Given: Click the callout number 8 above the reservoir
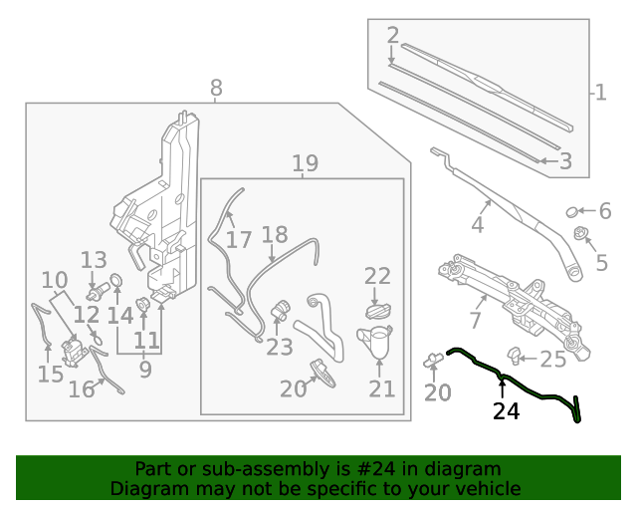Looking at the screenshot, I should click(216, 89).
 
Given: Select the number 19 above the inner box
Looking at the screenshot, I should click(305, 163).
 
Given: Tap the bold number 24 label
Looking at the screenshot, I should click(506, 410).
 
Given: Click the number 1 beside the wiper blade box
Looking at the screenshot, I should click(600, 93).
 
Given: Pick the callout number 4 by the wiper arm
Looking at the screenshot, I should click(478, 225).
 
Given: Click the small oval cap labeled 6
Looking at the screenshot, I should click(572, 211).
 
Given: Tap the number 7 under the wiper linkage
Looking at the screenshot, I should click(475, 321).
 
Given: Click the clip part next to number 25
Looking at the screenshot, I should click(515, 354).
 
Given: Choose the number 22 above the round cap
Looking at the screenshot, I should click(377, 276).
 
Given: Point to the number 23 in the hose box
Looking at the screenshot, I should click(280, 347).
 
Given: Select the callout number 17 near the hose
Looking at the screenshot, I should click(239, 240).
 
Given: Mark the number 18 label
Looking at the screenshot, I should click(274, 235).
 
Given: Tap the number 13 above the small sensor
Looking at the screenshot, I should click(94, 261).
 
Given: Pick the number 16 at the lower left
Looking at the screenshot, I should click(82, 389).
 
